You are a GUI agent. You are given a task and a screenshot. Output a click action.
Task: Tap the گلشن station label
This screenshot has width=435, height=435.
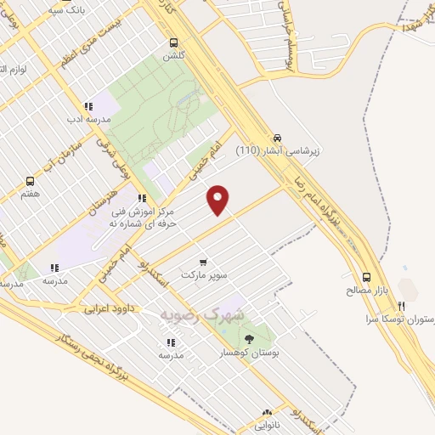173,55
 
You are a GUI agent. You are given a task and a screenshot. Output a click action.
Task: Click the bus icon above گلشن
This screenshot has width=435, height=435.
173,42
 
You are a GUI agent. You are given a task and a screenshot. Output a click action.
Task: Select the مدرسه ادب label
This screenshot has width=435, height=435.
88,120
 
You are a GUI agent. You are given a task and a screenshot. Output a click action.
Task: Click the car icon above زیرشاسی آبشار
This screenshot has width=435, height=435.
277,137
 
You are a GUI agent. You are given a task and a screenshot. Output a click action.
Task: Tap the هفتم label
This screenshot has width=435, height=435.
31,194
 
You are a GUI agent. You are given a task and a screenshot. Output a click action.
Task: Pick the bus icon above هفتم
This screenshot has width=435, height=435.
31,181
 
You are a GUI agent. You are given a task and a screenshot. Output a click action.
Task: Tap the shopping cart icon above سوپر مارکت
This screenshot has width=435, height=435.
202,262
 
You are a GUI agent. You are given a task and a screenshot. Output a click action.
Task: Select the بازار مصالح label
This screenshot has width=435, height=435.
367,291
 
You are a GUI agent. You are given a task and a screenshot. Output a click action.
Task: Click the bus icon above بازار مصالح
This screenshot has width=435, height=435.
367,277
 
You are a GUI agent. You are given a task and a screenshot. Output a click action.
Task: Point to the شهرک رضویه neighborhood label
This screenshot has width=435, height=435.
201,314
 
